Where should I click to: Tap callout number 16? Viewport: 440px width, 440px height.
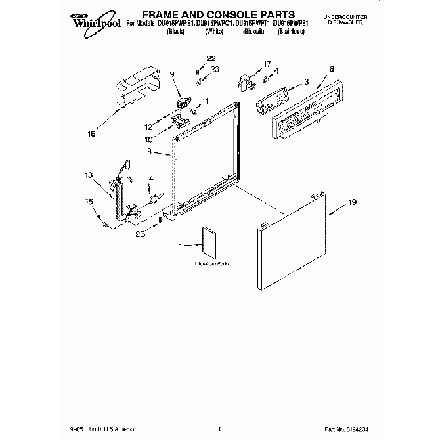pos(92,133)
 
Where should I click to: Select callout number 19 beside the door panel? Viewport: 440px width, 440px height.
pos(351,202)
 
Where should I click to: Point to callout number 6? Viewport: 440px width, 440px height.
pos(332,69)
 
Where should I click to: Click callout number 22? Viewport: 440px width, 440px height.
pos(211,58)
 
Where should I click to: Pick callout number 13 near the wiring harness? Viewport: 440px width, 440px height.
pos(89,175)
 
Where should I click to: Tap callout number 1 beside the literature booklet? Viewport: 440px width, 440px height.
pos(181,246)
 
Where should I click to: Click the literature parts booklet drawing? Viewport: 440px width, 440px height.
pos(209,243)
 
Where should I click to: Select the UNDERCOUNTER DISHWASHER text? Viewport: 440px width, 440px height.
pos(343,18)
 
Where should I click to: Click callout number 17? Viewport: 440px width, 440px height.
pos(267,64)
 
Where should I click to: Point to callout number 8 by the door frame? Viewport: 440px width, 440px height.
pos(149,153)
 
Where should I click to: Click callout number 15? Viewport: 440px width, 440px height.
pos(89,201)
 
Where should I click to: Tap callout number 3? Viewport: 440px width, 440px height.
pos(306,81)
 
